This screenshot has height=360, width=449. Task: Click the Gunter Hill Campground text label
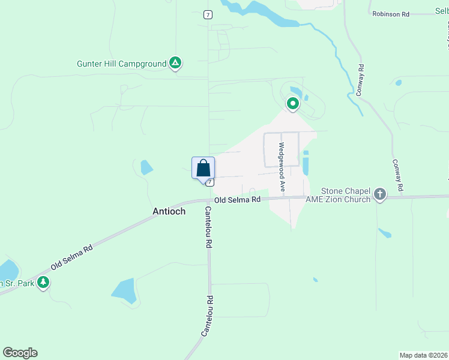(121, 64)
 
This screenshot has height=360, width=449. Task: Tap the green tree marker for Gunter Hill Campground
(175, 62)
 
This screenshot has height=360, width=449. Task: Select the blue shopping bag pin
(203, 167)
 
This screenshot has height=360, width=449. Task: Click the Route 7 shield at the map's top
(208, 14)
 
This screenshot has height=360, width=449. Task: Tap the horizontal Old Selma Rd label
(238, 199)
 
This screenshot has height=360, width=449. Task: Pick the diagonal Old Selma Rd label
(71, 256)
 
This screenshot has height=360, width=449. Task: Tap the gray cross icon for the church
(379, 194)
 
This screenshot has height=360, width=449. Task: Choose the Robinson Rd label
(390, 13)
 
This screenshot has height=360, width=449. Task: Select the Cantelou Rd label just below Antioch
(209, 227)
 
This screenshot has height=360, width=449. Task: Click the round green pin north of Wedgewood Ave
(292, 104)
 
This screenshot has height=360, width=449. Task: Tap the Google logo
(20, 353)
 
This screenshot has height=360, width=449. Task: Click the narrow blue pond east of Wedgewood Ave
(306, 163)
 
